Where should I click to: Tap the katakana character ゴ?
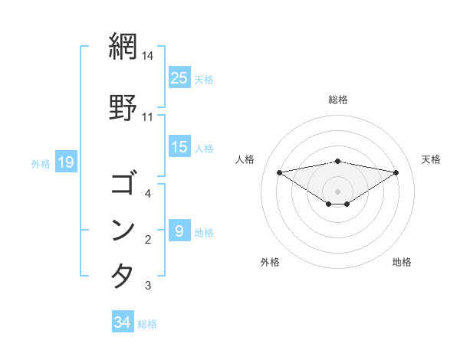[x=123, y=184]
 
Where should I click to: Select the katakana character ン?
[x=123, y=231]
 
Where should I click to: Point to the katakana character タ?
[x=123, y=275]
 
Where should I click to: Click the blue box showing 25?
[x=179, y=77]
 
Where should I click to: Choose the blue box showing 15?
[x=179, y=146]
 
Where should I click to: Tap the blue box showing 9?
[x=179, y=231]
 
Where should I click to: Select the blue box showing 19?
[x=65, y=162]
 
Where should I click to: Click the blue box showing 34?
[x=123, y=322]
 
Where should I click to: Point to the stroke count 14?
[x=148, y=56]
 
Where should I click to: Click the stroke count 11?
[x=148, y=117]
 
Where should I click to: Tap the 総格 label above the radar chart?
[x=337, y=100]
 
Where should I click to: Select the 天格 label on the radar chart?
[x=431, y=159]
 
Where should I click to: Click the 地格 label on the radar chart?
[x=402, y=262]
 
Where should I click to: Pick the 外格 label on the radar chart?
[x=270, y=262]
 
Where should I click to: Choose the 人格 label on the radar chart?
[x=245, y=159]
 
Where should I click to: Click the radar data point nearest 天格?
[x=396, y=172]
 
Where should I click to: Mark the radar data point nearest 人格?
[x=279, y=172]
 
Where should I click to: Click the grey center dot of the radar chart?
[x=337, y=191]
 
